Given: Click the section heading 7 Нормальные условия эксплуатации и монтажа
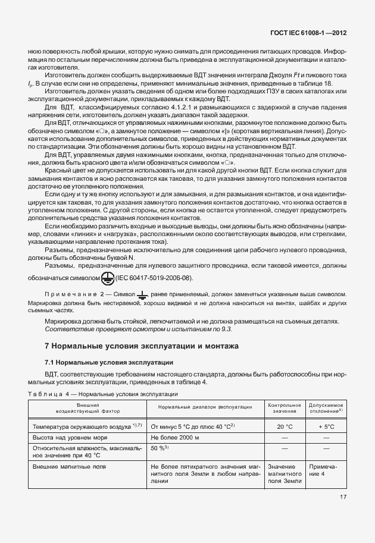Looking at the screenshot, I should click(x=142, y=346).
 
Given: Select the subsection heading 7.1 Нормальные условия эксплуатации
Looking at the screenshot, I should click(x=108, y=362).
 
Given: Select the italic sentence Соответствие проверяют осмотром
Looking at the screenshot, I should click(x=139, y=329).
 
